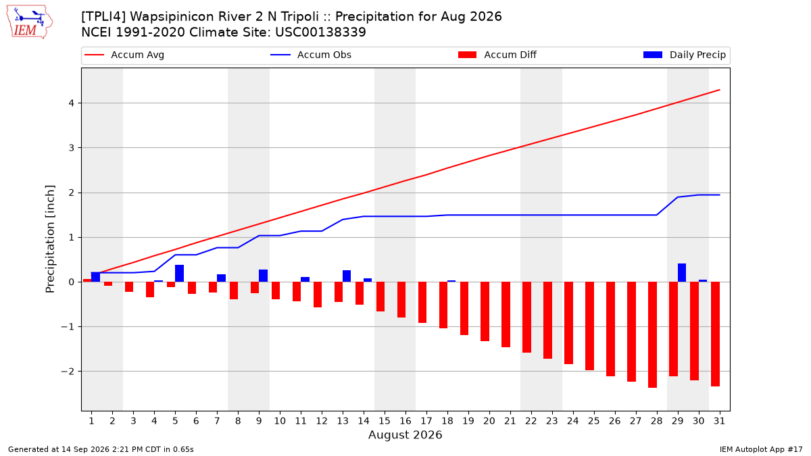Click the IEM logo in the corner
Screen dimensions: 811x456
[x=29, y=22]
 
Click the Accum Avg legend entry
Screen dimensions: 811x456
[x=124, y=55]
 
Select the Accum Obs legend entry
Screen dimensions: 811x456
[x=311, y=55]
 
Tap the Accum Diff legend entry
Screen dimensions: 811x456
[x=497, y=55]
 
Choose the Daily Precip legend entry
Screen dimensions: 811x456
[x=684, y=55]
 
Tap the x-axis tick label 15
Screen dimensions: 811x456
[x=385, y=421]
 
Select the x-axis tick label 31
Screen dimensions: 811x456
[x=719, y=421]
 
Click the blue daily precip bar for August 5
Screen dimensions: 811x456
[x=179, y=274]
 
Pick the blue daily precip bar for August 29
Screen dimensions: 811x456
[x=682, y=273]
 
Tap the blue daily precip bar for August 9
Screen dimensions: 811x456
[x=263, y=276]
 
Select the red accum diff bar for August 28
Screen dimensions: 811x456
[x=652, y=335]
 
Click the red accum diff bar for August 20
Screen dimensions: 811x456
[x=485, y=311]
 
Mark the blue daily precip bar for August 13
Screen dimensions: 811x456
[x=347, y=276]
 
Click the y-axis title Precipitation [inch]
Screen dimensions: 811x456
[x=50, y=239]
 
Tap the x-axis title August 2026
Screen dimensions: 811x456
[x=405, y=434]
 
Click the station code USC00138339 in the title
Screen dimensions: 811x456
[x=320, y=32]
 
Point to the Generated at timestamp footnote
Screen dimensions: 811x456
[x=101, y=449]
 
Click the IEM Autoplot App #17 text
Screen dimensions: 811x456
[x=761, y=449]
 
